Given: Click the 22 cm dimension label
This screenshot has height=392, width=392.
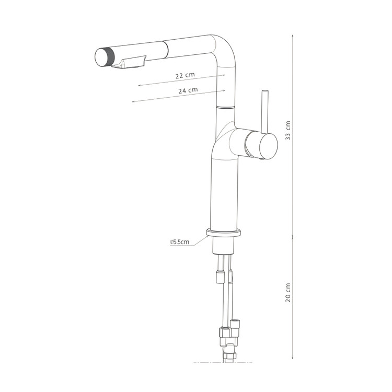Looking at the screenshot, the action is [x=185, y=75].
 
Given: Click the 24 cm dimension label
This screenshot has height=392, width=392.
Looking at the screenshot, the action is [x=188, y=90].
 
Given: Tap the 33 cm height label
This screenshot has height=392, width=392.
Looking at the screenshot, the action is [x=288, y=130].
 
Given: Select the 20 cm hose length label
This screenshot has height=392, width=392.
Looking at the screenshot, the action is [x=288, y=293].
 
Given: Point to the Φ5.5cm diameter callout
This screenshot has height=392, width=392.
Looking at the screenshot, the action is [x=179, y=242].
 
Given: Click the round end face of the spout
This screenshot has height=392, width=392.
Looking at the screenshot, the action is [x=101, y=57].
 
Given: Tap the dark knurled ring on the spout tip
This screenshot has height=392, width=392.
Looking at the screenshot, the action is [x=110, y=57].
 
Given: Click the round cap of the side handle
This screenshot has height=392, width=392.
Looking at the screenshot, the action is [x=269, y=146].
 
